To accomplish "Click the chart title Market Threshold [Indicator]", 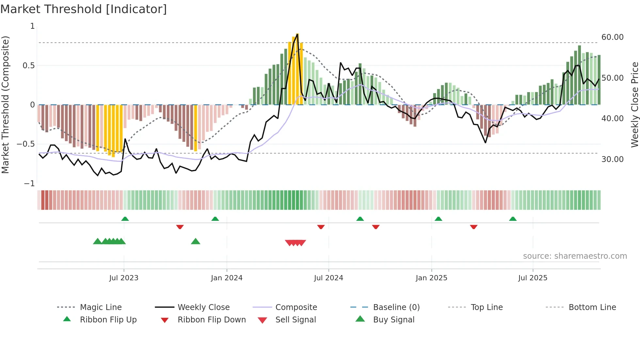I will [x=84, y=9].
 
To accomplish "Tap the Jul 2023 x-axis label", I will [x=124, y=278].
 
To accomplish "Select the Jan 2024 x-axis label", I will [x=227, y=278].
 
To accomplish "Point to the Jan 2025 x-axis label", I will [x=431, y=278].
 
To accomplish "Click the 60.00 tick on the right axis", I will [x=613, y=37].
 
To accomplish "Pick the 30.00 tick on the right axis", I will [x=613, y=159].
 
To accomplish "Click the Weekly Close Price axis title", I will [x=634, y=105].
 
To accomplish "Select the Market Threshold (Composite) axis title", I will [x=5, y=105].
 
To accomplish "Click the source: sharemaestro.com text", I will [x=575, y=256].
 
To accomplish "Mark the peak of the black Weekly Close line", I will [x=297, y=34].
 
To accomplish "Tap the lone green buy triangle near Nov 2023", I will [x=195, y=241].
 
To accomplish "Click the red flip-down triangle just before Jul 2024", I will [x=321, y=227].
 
